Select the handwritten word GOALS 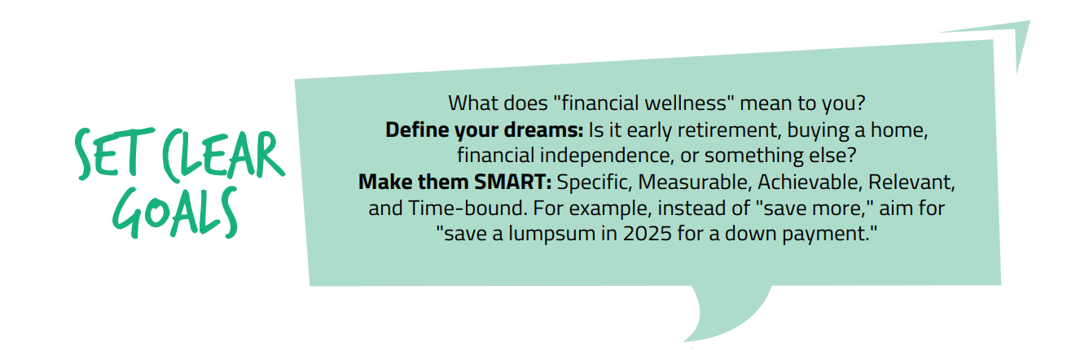pyautogui.click(x=174, y=212)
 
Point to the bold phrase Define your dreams pyautogui.click(x=484, y=130)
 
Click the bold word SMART pyautogui.click(x=512, y=182)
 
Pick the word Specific pyautogui.click(x=595, y=182)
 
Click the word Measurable pyautogui.click(x=695, y=182)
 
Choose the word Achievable pyautogui.click(x=810, y=182)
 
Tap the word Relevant pyautogui.click(x=911, y=182)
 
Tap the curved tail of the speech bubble pyautogui.click(x=729, y=314)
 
